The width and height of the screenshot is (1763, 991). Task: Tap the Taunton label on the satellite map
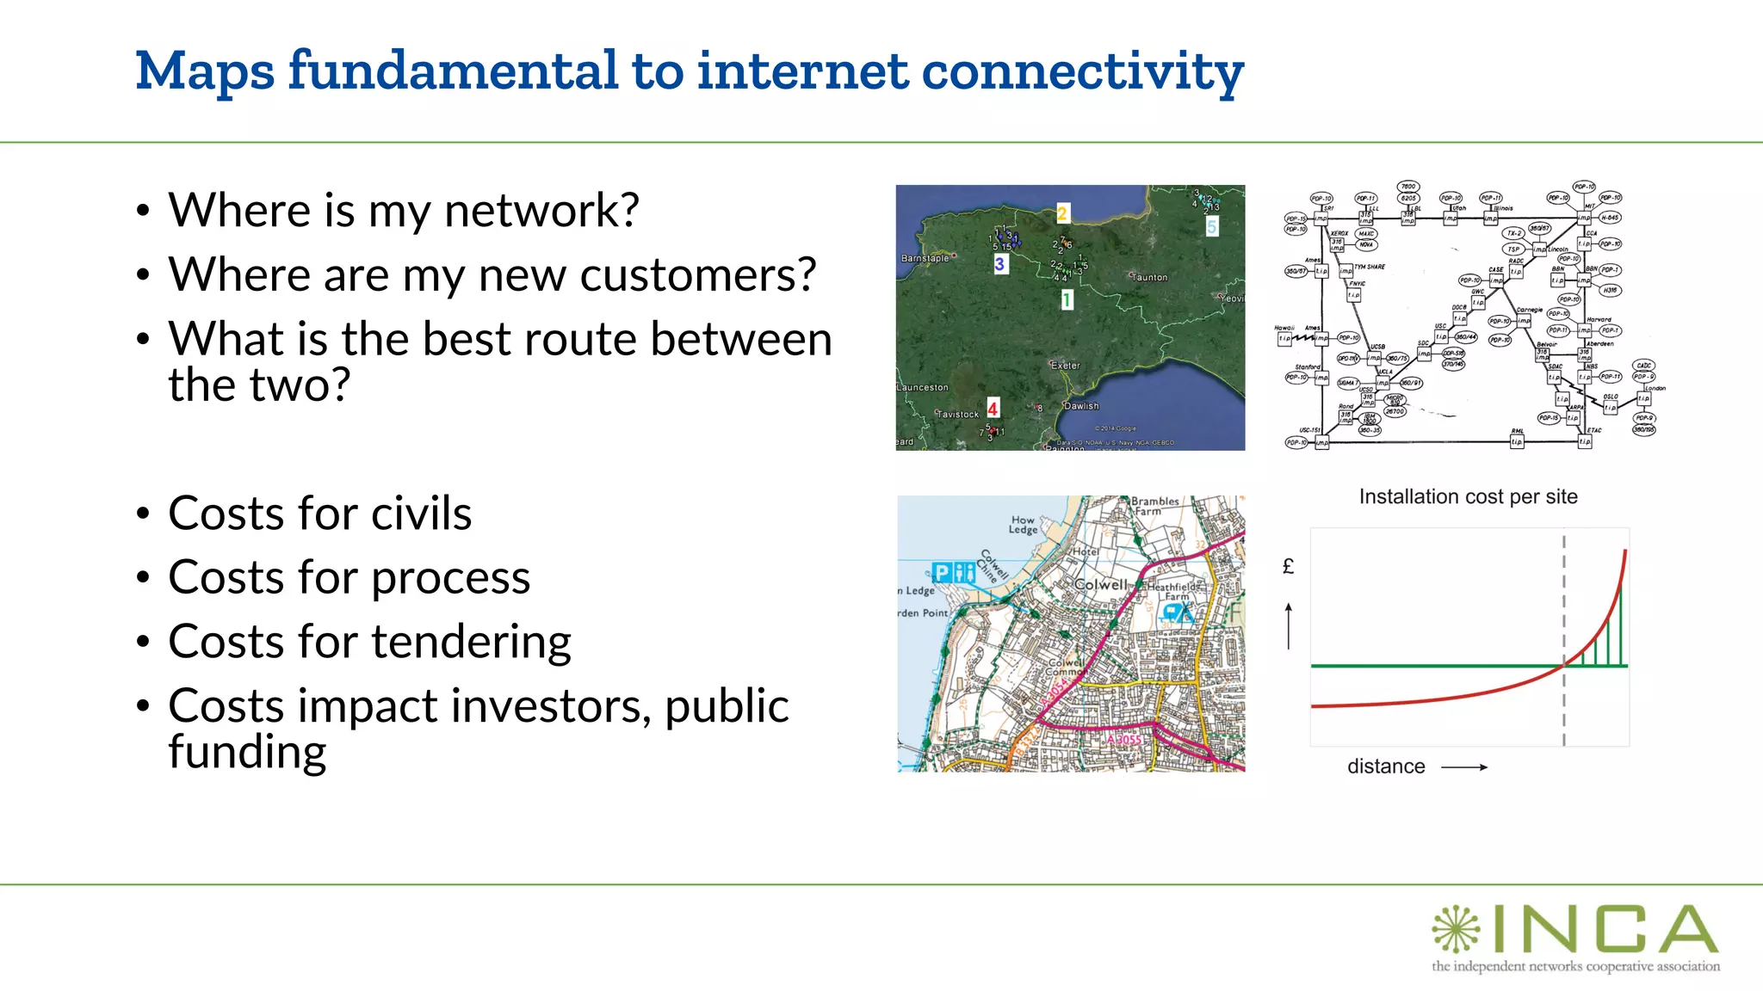coord(1150,278)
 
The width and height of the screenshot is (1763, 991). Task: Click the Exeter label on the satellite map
coord(1066,366)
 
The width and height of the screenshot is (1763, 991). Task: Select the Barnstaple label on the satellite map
coord(925,258)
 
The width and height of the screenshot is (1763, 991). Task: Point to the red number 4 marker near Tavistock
coord(993,409)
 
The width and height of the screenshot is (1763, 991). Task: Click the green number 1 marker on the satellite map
coord(1067,299)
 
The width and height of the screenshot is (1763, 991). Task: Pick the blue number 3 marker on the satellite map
coord(999,264)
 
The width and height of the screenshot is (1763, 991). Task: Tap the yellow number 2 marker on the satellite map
coord(1062,213)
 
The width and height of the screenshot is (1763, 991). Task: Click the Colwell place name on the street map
coord(1100,585)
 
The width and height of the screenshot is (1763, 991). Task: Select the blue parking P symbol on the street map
coord(942,572)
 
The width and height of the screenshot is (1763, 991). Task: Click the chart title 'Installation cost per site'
coord(1468,497)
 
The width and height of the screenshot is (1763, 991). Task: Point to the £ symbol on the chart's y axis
coord(1288,566)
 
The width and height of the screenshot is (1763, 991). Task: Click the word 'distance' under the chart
coord(1386,766)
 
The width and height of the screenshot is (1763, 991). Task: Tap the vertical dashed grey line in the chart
coord(1563,602)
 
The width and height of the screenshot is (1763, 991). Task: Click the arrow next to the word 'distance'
coord(1464,766)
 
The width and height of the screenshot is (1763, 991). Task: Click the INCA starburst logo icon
coord(1456,929)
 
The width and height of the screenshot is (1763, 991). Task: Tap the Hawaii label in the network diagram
coord(1284,328)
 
